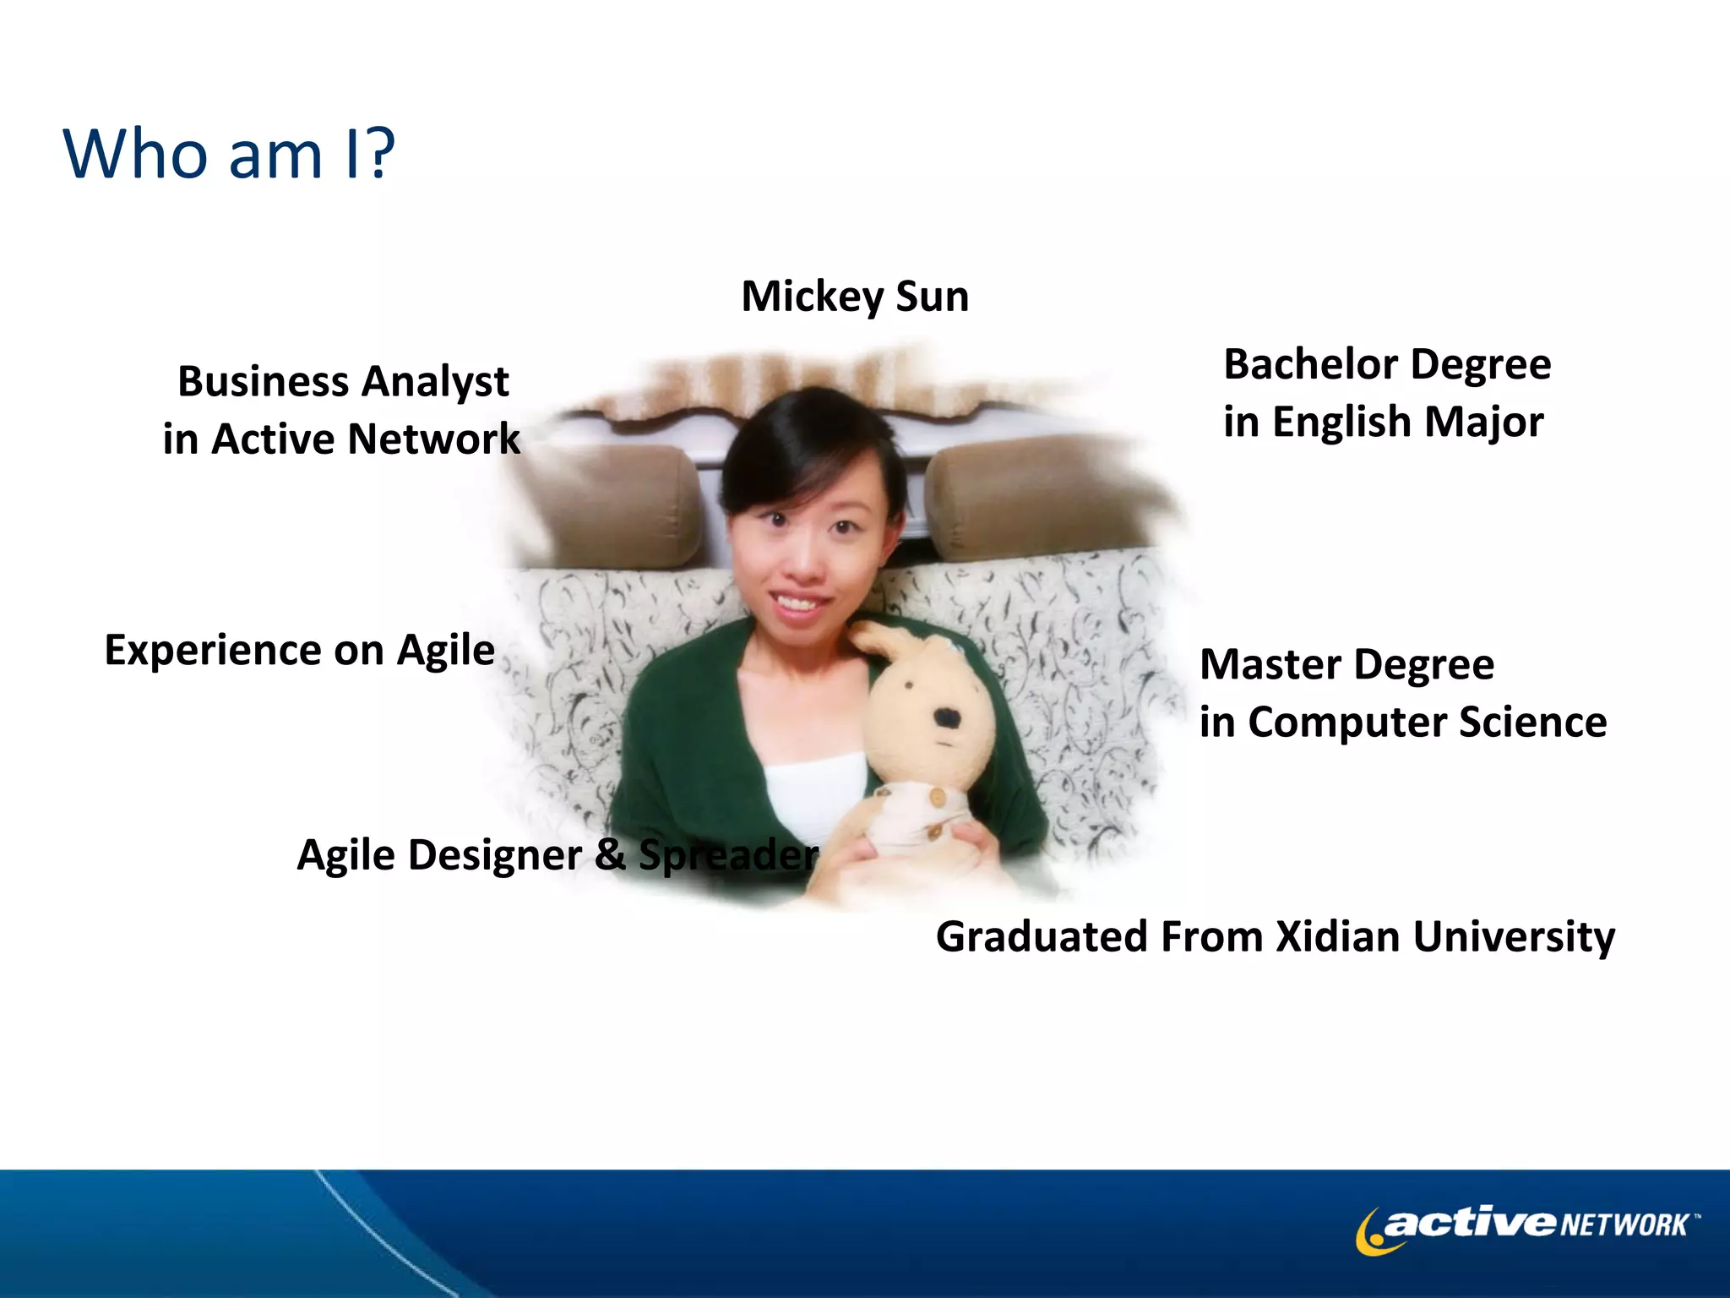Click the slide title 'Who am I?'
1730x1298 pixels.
(x=229, y=154)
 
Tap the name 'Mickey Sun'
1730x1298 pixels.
(x=855, y=297)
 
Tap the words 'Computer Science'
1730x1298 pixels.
(x=1427, y=723)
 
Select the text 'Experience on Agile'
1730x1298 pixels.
(x=299, y=650)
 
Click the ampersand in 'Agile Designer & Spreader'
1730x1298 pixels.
(x=610, y=854)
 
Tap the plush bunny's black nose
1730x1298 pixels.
(x=947, y=719)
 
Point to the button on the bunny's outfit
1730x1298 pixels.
(x=937, y=797)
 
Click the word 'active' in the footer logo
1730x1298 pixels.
(x=1471, y=1223)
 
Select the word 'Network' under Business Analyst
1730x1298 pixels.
(x=433, y=439)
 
